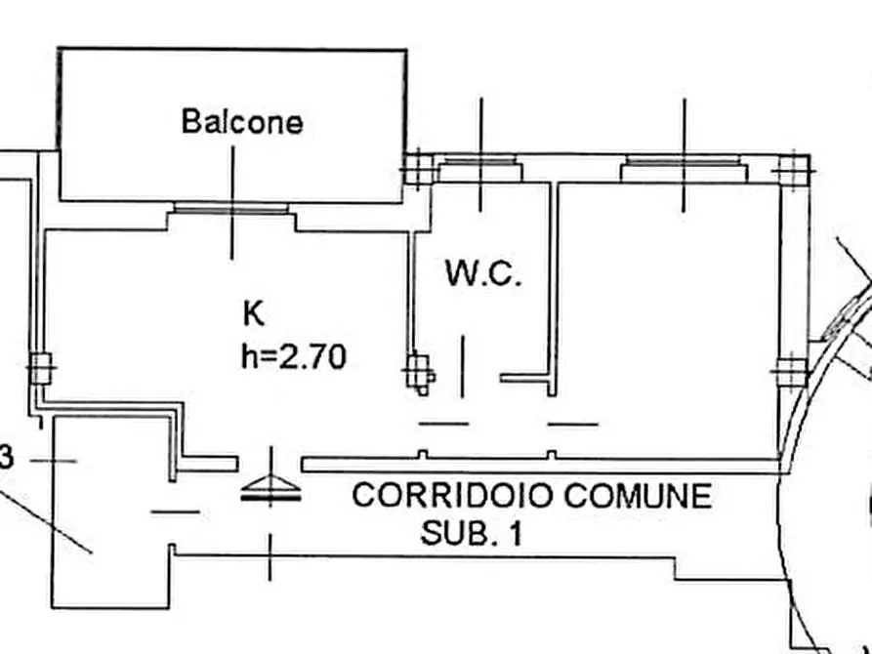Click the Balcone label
point(242,122)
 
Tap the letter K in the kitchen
point(254,313)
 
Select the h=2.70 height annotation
point(294,356)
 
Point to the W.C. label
point(483,273)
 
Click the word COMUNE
point(639,496)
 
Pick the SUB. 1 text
point(472,533)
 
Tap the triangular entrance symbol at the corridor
point(270,489)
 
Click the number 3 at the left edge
point(6,460)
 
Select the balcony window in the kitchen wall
point(231,209)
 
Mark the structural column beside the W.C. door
point(420,374)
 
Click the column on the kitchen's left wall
point(41,369)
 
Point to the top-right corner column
point(794,171)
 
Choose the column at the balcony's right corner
point(418,169)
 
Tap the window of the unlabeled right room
point(684,166)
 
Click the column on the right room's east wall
point(791,372)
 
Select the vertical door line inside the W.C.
point(463,366)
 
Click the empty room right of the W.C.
point(667,311)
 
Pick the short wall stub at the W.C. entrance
point(525,379)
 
